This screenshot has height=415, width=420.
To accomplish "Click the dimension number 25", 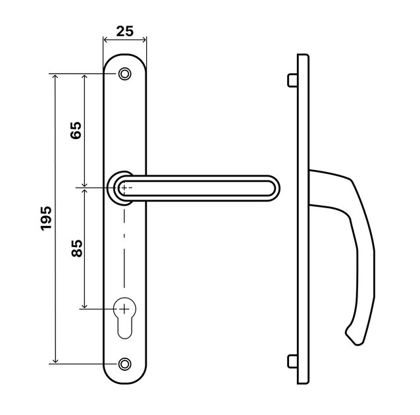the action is [x=124, y=31].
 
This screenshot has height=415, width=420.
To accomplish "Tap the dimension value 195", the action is [x=46, y=218].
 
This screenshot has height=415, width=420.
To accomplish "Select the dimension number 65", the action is [x=76, y=130].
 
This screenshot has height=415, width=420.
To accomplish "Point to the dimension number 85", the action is [x=77, y=248].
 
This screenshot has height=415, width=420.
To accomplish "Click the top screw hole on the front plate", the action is [x=125, y=74].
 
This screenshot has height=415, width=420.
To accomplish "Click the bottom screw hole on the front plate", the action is [x=125, y=364].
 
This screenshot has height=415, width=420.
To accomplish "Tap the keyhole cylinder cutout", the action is [x=125, y=318].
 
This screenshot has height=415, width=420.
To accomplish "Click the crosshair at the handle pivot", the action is [x=124, y=188].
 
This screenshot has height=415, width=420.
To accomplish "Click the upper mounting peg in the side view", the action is [x=292, y=80].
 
